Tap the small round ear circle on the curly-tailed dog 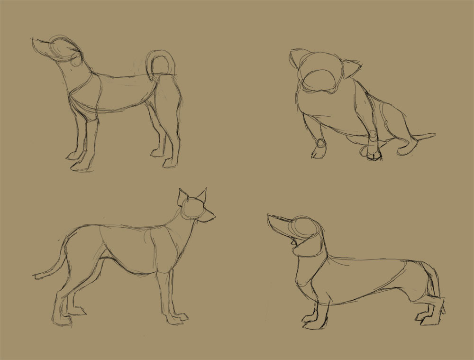76,60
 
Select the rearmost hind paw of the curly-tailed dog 171,163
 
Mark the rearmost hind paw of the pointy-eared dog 62,320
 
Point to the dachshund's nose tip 269,217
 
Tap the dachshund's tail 434,280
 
